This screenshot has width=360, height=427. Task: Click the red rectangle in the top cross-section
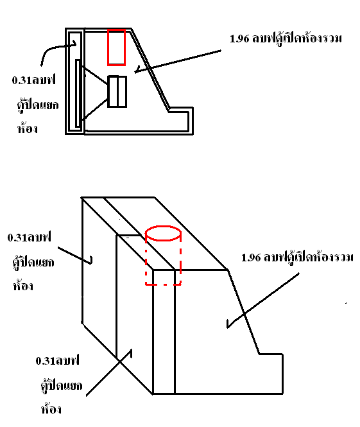[108, 47]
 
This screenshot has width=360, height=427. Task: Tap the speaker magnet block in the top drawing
[117, 91]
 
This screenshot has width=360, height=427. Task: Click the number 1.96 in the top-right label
[239, 39]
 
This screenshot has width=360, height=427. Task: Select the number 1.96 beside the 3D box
[251, 257]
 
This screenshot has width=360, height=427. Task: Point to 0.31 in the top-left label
[21, 80]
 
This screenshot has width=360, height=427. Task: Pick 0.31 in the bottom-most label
[45, 361]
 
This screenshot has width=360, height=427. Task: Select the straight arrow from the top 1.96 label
[178, 61]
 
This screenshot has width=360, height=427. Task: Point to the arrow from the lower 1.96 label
[263, 301]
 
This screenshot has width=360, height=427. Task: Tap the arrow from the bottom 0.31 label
[109, 372]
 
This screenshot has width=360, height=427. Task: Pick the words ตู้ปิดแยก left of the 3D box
[33, 262]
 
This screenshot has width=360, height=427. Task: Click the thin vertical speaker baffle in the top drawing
[78, 93]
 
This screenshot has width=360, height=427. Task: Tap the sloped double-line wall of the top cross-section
[150, 70]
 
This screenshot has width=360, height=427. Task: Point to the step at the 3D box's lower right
[271, 354]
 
